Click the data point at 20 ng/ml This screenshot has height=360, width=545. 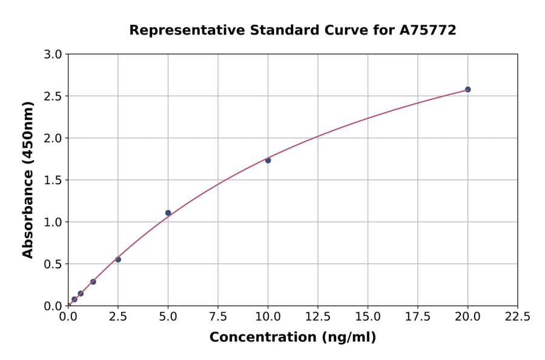[x=467, y=89]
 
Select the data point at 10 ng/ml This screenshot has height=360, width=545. [x=268, y=160]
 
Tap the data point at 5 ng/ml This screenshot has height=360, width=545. [x=168, y=213]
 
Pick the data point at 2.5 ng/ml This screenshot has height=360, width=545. [x=118, y=259]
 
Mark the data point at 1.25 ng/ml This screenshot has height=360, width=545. [x=93, y=282]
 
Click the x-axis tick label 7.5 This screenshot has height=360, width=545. [x=218, y=316]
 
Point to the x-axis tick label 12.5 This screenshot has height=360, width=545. [x=318, y=316]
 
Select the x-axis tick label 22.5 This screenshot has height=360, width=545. [x=517, y=316]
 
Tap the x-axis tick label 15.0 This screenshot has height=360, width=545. [x=368, y=316]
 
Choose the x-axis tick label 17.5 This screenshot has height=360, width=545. [x=417, y=316]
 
